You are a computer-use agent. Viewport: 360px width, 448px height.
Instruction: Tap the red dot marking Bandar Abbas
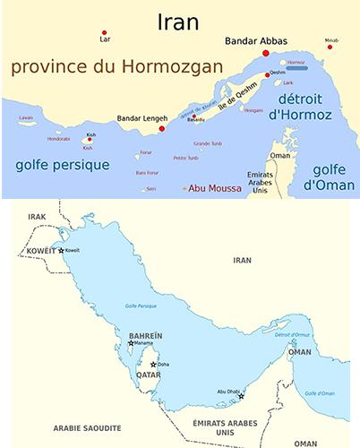tap(265, 54)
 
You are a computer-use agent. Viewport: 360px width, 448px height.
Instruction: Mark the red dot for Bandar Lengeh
tap(161, 128)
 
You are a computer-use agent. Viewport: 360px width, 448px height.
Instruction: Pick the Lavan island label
tap(26, 117)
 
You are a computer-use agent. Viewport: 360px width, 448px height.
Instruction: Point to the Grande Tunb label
tap(207, 143)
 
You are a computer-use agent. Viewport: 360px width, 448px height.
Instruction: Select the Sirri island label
tap(150, 188)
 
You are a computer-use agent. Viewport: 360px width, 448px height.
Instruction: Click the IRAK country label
tap(37, 217)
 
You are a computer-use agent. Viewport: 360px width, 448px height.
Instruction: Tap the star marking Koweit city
tap(61, 250)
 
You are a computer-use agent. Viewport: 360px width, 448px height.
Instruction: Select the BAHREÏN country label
tap(145, 335)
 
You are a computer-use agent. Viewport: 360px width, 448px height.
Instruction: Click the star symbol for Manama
tap(132, 343)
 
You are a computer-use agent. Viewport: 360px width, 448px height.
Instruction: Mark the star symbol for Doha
tap(153, 365)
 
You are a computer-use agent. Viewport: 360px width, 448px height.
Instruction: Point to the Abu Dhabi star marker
tap(241, 396)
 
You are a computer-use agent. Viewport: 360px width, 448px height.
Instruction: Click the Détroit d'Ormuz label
tap(291, 334)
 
